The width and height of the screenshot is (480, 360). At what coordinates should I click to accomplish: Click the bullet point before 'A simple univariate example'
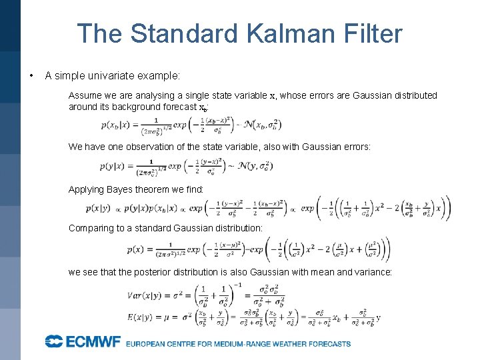[x=31, y=75]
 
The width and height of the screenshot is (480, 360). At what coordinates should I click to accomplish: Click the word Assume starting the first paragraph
[x=84, y=95]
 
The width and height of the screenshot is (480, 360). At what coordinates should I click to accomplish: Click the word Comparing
[x=91, y=228]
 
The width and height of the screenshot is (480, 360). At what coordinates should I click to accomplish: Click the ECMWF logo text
[x=83, y=342]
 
